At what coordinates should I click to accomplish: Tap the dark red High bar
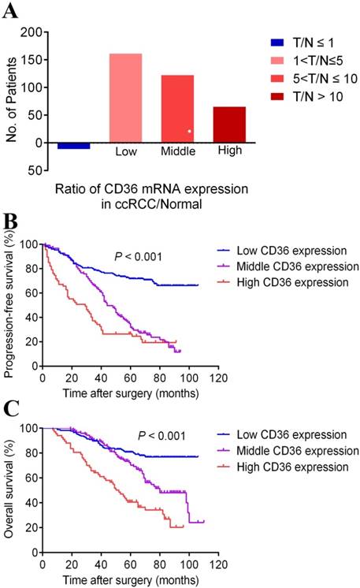pyautogui.click(x=229, y=125)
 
